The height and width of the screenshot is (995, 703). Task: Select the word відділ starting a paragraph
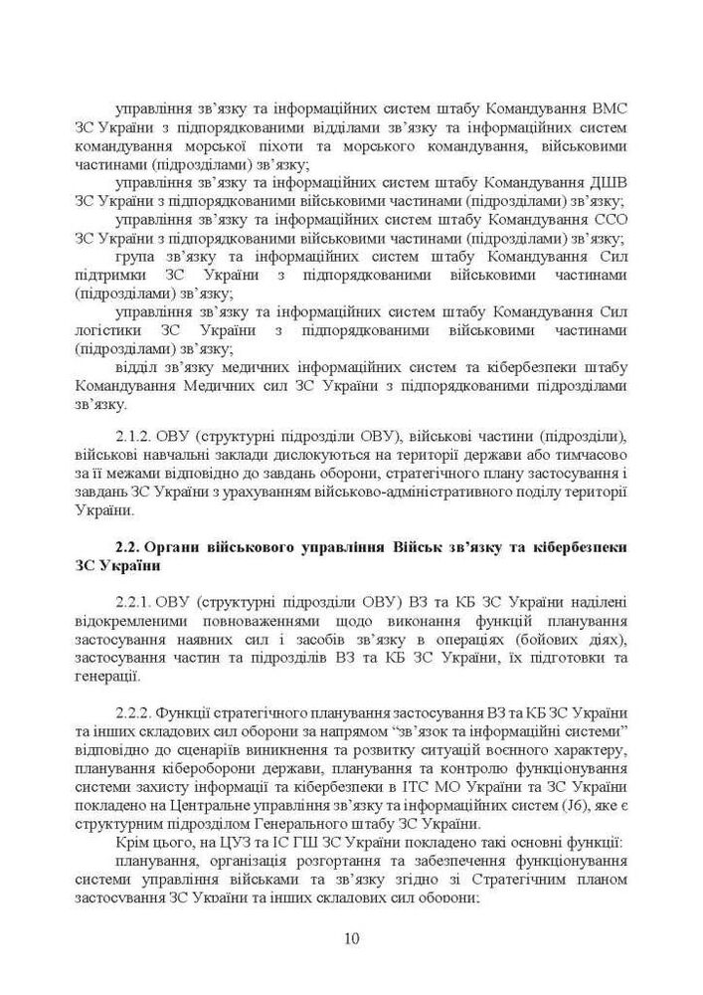[x=138, y=367]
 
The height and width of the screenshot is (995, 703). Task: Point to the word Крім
[x=134, y=844]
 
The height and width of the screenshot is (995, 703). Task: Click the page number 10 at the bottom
[x=351, y=938]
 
